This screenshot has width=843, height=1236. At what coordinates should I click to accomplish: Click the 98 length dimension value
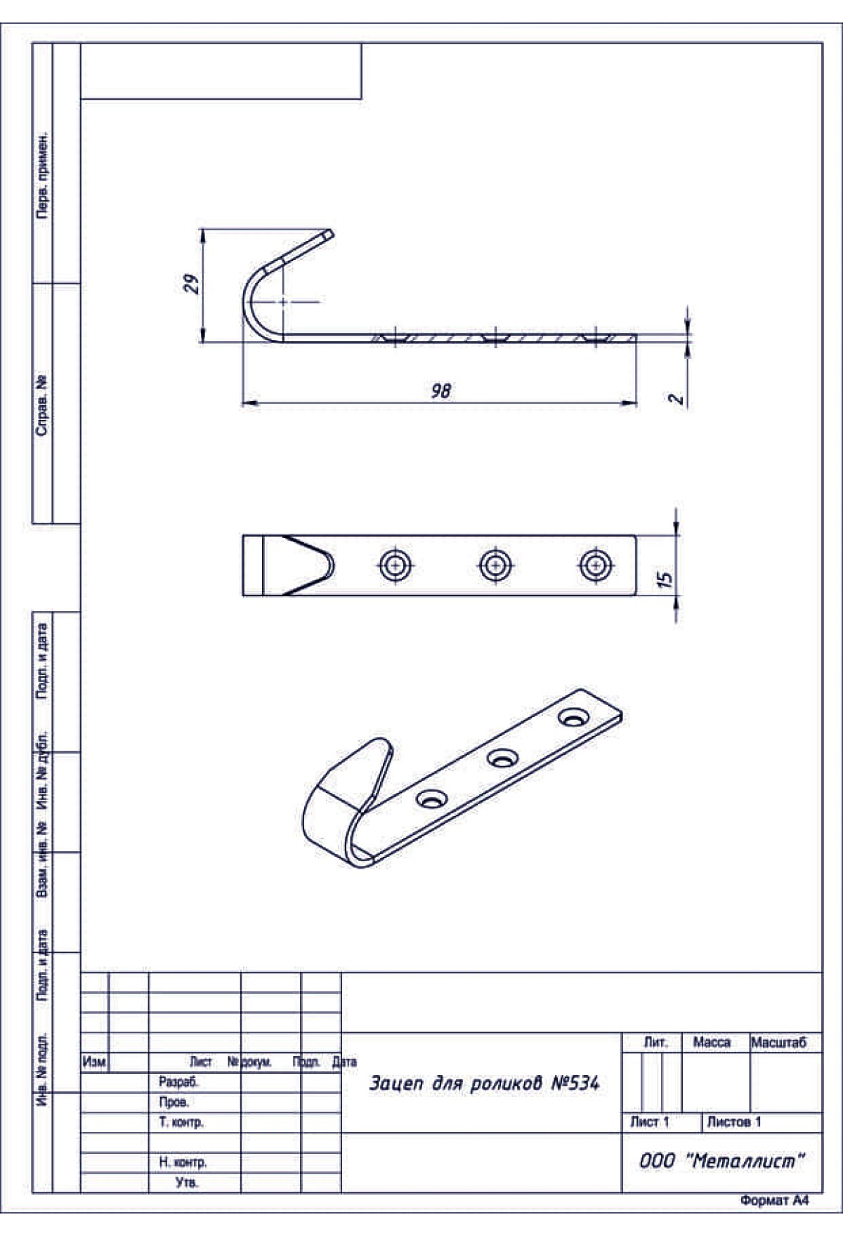tap(441, 390)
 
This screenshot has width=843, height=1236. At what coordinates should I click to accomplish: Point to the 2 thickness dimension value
tap(676, 398)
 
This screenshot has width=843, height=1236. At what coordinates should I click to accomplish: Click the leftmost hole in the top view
tap(396, 565)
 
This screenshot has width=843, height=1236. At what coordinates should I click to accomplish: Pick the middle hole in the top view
tap(496, 565)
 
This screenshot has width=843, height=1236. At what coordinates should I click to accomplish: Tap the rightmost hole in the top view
tap(596, 565)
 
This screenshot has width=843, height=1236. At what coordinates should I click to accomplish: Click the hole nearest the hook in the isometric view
tap(433, 799)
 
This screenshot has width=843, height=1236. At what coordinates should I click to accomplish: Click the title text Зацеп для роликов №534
tap(485, 1084)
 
